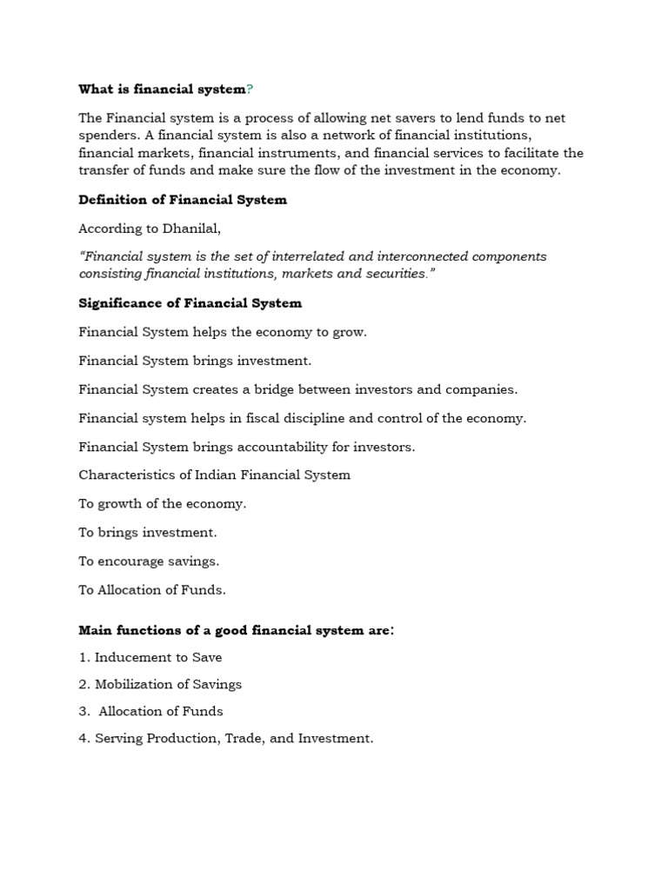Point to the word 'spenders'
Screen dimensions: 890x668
click(105, 136)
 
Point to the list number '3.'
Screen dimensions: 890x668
click(84, 712)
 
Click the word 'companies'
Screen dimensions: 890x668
click(484, 389)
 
